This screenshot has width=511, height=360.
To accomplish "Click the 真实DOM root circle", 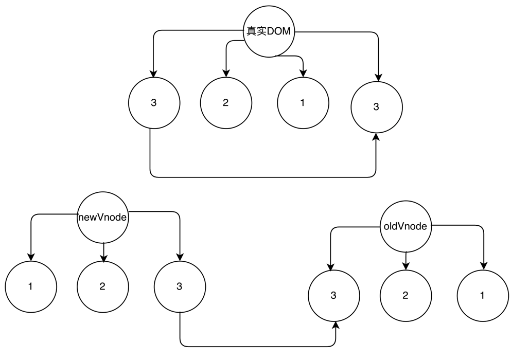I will point(268,31).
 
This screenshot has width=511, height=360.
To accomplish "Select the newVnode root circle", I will point(102,218).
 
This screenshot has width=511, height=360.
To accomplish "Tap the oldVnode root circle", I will point(406,226).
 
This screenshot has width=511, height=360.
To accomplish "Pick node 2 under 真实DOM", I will point(225,102).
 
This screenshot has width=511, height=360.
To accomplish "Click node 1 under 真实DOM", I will point(303,102).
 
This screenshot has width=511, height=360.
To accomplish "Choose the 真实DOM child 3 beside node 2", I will point(153,102).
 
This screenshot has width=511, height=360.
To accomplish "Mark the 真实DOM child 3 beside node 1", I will point(376,107).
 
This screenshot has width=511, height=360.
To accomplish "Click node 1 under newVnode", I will point(30,286).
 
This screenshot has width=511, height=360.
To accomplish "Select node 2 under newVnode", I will point(102,286).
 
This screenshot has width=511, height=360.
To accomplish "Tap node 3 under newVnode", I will point(179,286).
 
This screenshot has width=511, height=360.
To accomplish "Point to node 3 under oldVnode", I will point(333,295).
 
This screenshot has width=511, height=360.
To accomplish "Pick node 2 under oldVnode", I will point(406,295).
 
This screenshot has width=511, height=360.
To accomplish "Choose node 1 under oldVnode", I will point(482,295).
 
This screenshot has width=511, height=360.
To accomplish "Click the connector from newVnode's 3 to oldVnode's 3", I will point(257,345).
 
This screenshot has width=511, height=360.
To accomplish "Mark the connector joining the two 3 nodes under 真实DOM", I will point(262,177).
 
